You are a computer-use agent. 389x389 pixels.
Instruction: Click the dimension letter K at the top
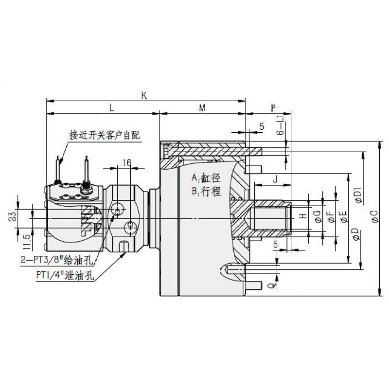144,95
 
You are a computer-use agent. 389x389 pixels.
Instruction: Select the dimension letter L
111,108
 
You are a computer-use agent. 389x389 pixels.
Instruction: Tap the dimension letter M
202,108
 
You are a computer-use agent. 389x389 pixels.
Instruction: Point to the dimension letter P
273,108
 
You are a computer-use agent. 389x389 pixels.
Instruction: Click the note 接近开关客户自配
104,135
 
